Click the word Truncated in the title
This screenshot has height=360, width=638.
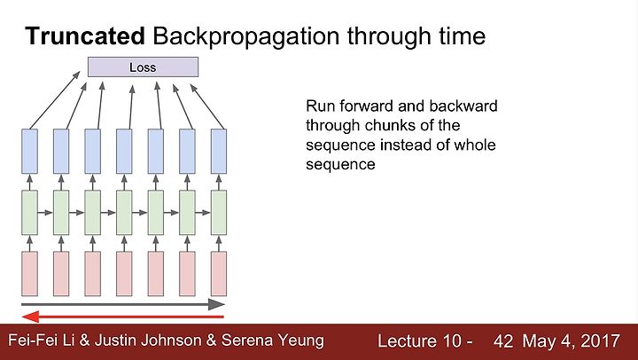tap(85, 35)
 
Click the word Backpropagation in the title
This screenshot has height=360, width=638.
tap(246, 37)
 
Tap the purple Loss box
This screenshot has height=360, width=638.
tap(144, 67)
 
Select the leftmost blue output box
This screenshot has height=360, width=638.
tap(29, 152)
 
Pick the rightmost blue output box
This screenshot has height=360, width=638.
tap(219, 152)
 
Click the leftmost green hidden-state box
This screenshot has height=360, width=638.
tap(29, 213)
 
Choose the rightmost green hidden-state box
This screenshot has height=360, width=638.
tap(219, 213)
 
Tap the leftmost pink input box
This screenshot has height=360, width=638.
tap(29, 274)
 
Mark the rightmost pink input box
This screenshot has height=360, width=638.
tap(219, 274)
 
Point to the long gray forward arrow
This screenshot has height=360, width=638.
tap(123, 304)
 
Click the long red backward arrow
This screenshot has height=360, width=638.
tap(123, 317)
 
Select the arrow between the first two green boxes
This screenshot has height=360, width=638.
tap(45, 213)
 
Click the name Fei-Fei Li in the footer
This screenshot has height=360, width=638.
tap(42, 340)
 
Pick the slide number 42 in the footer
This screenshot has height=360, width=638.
tap(503, 340)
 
